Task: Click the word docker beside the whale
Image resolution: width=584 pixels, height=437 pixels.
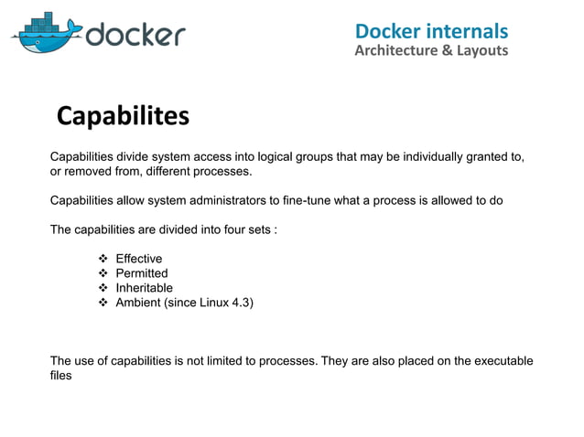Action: point(135,35)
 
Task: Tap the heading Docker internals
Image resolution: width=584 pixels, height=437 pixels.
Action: point(431,31)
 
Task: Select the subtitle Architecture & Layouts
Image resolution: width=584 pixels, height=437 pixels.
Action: point(430,50)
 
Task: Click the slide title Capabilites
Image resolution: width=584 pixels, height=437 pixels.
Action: point(123,116)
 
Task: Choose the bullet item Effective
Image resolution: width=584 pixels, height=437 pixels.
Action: point(138,259)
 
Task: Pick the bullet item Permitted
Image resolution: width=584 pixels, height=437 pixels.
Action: point(141,273)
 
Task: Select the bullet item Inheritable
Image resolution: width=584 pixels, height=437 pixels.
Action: point(144,288)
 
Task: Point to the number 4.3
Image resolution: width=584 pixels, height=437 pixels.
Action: point(242,303)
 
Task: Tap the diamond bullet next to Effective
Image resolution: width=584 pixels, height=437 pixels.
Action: point(103,259)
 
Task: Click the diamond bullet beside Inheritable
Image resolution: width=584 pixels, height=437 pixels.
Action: point(103,288)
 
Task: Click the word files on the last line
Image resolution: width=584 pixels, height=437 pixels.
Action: point(60,375)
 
